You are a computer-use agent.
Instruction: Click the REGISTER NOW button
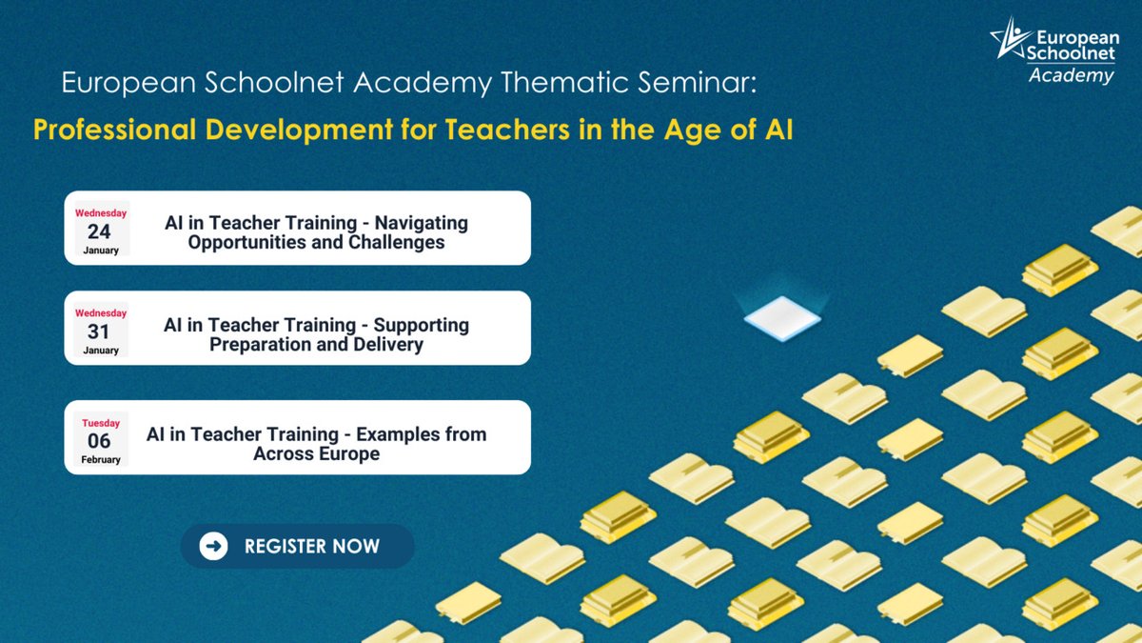point(297,546)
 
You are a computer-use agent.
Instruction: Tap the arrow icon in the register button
point(214,546)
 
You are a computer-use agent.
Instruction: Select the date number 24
point(99,231)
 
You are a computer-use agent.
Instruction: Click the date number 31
point(99,332)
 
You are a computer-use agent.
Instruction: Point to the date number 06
point(99,441)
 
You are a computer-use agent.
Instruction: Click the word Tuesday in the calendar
point(100,423)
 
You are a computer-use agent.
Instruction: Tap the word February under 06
point(100,459)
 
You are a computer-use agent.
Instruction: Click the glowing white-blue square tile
point(781,316)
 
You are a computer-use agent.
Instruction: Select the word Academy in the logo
point(1071,76)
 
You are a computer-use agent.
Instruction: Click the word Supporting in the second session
point(422,325)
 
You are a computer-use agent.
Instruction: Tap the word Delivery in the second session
point(387,344)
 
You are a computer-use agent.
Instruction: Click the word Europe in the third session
point(348,453)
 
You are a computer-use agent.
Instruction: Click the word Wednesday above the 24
point(100,213)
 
